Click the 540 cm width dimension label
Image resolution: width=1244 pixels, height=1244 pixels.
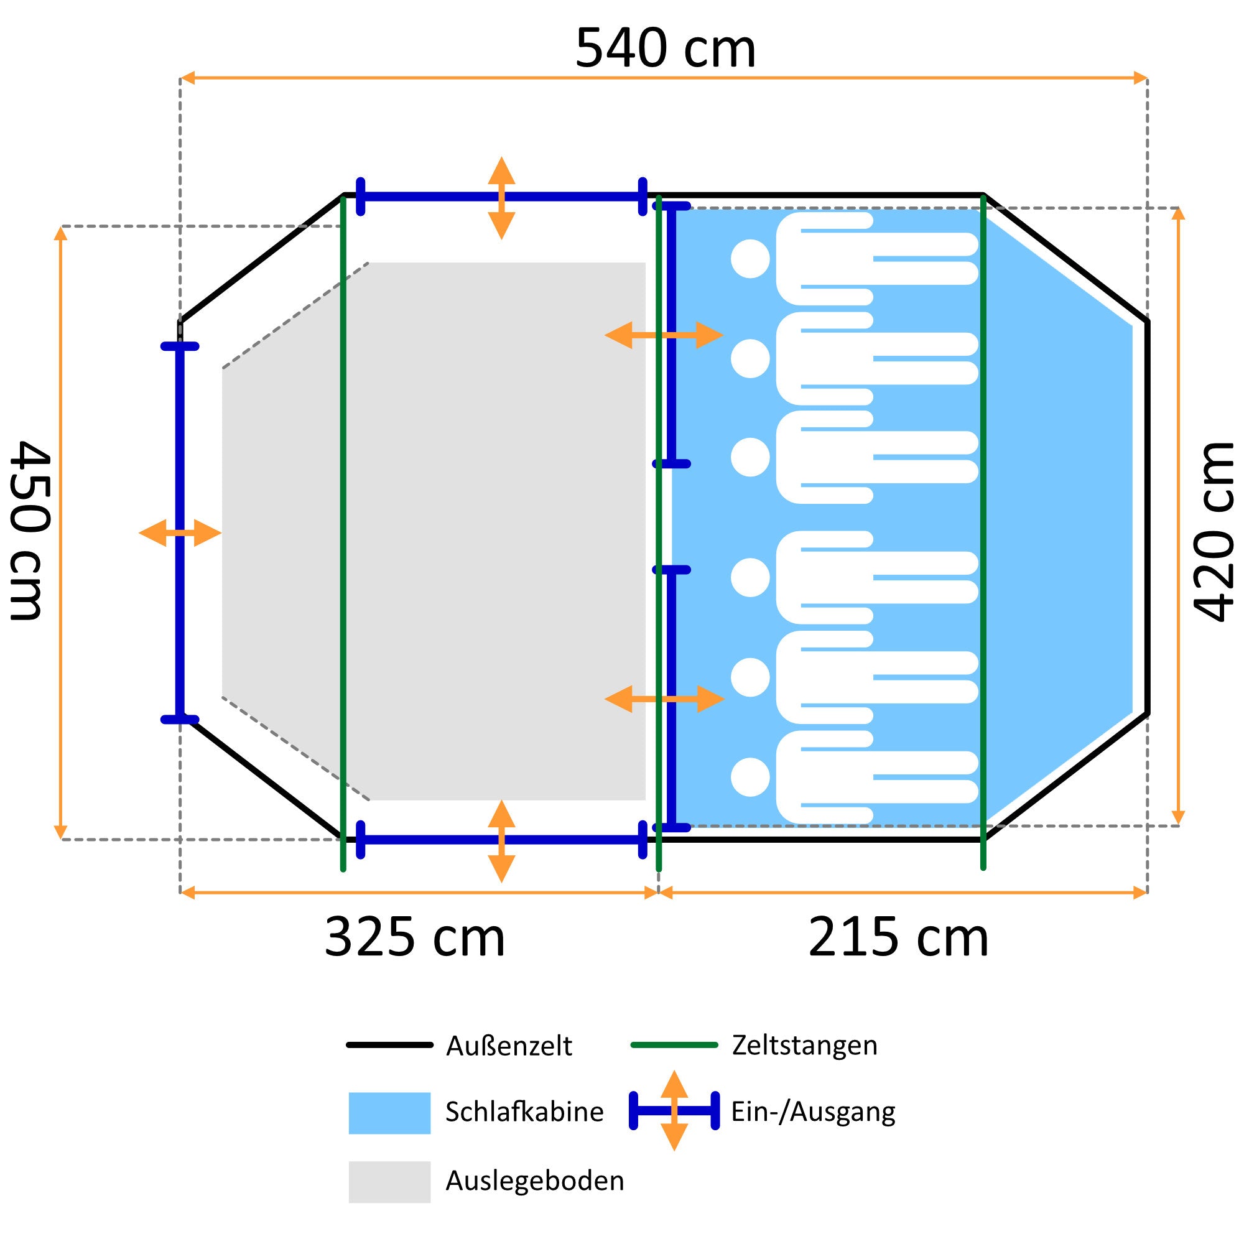tap(665, 49)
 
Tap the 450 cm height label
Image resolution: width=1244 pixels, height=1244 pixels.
tap(29, 530)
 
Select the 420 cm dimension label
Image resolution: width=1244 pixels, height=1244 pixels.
tap(1214, 531)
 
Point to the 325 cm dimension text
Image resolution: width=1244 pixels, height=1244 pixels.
tap(415, 937)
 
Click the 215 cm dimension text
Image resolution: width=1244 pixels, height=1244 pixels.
tap(898, 937)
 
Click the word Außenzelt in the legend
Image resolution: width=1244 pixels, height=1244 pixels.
tap(509, 1046)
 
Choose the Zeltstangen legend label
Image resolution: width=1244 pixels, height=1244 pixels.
tap(805, 1045)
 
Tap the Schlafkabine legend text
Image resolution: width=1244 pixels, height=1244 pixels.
tap(524, 1112)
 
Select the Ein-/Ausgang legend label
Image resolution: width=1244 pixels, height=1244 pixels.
tap(813, 1112)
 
